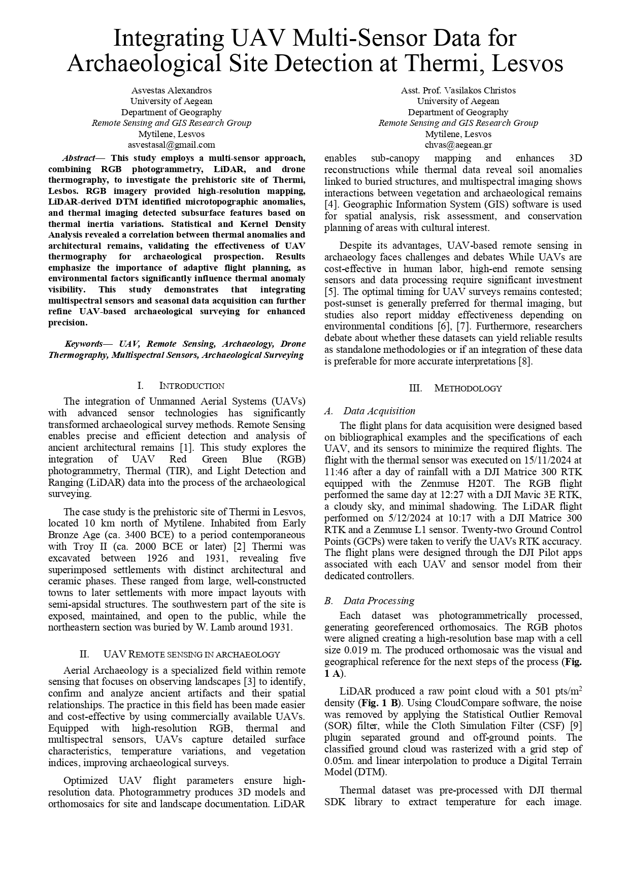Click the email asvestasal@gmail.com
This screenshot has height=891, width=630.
[171, 145]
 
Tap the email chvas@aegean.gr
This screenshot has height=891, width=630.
[458, 145]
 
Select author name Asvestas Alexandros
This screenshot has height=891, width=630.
[171, 90]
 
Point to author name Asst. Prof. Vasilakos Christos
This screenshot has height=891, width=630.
[458, 90]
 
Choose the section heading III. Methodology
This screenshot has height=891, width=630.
[455, 388]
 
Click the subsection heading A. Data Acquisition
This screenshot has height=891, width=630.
[370, 411]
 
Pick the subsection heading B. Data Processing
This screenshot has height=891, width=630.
[370, 601]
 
